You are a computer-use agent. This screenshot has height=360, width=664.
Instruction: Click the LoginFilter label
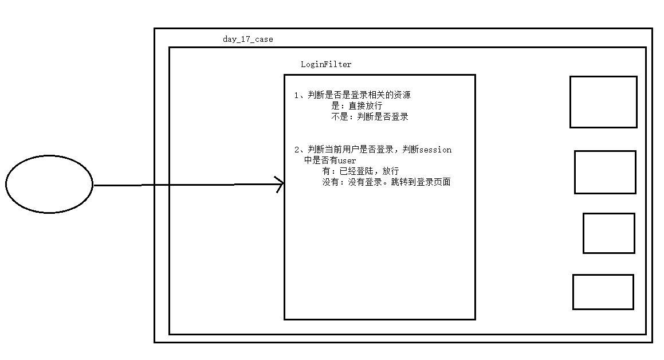(326, 65)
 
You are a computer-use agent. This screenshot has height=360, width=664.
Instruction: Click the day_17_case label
(247, 40)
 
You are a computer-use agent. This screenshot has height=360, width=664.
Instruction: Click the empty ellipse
(49, 184)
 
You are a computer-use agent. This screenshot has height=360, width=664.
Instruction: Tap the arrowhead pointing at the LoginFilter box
(280, 185)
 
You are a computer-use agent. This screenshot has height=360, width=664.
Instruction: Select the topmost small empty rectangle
(603, 102)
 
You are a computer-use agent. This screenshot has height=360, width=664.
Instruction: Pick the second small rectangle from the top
(605, 172)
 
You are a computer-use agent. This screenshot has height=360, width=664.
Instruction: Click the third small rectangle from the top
(608, 233)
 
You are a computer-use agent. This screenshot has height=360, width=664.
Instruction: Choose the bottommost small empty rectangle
(603, 292)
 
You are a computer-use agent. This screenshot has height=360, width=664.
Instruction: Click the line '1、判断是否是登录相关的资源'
(352, 95)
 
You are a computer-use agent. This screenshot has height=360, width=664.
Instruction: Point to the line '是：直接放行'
(356, 106)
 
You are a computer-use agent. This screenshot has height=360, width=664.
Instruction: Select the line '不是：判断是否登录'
(370, 116)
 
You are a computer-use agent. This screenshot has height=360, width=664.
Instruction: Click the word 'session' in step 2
(435, 150)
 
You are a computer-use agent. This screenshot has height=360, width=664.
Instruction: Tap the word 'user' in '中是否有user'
(347, 161)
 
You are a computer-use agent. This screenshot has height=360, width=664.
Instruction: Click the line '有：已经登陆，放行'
(360, 171)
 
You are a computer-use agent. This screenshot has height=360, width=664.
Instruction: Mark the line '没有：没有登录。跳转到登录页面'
(386, 182)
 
